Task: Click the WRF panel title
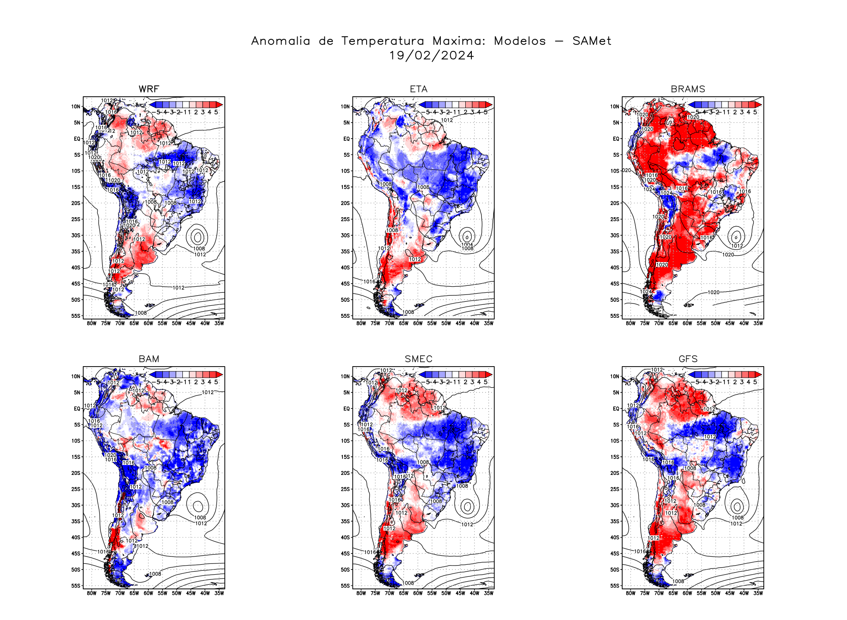[x=149, y=89]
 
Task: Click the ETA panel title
[x=418, y=89]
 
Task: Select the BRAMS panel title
[x=688, y=89]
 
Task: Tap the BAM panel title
[x=149, y=359]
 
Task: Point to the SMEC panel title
[x=418, y=359]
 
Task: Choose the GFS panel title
[x=688, y=359]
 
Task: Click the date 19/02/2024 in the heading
[x=431, y=56]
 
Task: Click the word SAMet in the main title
[x=592, y=41]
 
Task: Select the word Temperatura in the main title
[x=383, y=41]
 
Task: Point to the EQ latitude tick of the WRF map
[x=77, y=139]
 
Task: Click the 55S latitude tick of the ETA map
[x=345, y=316]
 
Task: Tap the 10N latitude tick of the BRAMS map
[x=615, y=107]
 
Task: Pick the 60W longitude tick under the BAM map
[x=148, y=593]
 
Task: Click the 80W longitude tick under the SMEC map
[x=361, y=593]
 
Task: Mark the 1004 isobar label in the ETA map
[x=467, y=244]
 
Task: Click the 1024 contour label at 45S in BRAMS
[x=646, y=292]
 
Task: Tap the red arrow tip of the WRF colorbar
[x=220, y=104]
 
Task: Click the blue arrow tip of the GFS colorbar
[x=691, y=374]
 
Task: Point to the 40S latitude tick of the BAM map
[x=76, y=538]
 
